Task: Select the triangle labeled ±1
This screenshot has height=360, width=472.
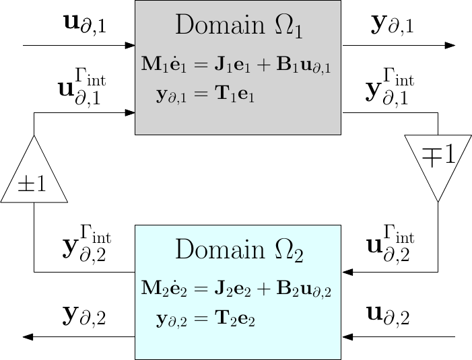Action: pos(34,176)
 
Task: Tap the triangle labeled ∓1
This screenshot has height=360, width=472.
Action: pos(438,161)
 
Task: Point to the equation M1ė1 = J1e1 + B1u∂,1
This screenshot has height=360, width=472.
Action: pos(237,65)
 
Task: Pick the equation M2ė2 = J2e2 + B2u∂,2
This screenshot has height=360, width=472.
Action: pos(237,289)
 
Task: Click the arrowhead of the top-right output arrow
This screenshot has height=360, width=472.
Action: pos(450,46)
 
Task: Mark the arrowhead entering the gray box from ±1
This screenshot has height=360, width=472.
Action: pos(129,113)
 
